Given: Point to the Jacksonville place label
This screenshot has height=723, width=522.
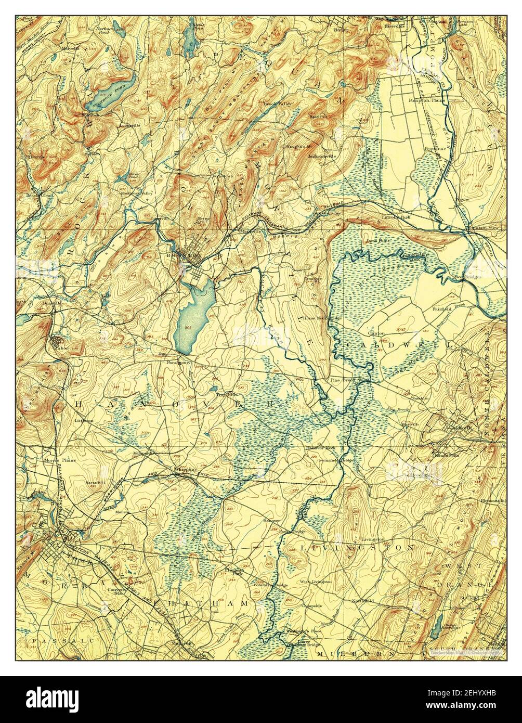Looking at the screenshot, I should click(x=322, y=156).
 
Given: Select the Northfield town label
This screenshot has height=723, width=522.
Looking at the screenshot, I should click(x=362, y=601).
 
